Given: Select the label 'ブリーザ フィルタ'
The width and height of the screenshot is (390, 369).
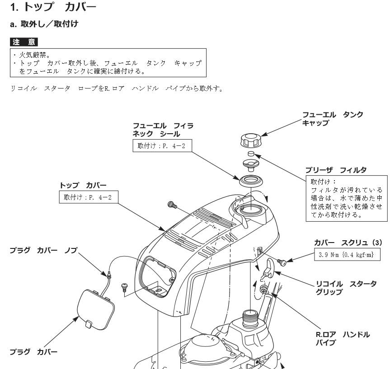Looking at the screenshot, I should pyautogui.click(x=336, y=169).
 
